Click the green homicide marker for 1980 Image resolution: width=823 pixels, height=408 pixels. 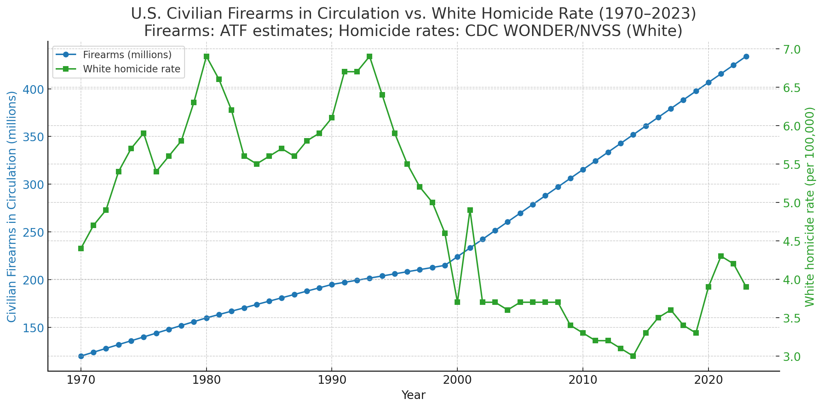click(207, 56)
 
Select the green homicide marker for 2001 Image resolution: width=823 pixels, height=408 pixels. click(470, 210)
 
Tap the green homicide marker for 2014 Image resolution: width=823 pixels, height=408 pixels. click(633, 356)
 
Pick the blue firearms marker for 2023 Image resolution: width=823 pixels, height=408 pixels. click(746, 56)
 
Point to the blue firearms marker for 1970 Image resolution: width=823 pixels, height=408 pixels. click(81, 356)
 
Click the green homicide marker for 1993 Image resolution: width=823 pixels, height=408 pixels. click(369, 56)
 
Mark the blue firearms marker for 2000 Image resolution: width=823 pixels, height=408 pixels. click(457, 257)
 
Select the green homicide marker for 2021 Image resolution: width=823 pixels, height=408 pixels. click(721, 256)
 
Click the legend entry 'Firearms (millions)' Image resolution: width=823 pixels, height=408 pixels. click(127, 55)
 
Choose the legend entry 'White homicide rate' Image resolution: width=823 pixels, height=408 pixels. click(131, 69)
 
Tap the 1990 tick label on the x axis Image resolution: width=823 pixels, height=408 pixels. click(332, 380)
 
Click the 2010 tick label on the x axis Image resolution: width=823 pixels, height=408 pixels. click(583, 380)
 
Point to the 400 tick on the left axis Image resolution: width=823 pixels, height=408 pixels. click(34, 89)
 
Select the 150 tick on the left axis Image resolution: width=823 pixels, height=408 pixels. click(34, 328)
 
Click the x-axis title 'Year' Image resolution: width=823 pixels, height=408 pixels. click(413, 395)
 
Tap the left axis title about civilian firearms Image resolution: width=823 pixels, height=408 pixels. click(12, 206)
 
